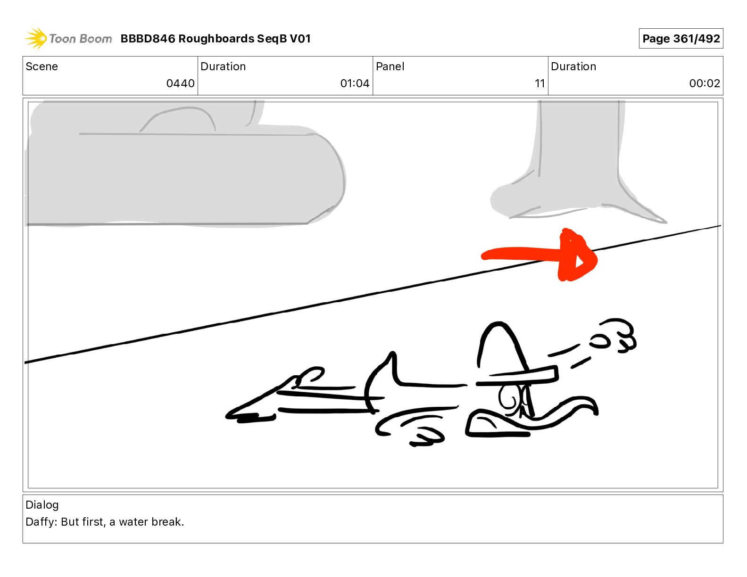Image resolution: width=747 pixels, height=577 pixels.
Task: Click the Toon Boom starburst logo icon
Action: point(36,38)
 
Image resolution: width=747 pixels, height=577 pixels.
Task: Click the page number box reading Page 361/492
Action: point(681,39)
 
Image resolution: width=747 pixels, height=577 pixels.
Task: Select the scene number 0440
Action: point(180,83)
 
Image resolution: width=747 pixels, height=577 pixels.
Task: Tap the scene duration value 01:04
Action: point(355,83)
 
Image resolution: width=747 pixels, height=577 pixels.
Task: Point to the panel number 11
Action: point(539,83)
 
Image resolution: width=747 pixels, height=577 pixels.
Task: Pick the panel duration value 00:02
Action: point(705,83)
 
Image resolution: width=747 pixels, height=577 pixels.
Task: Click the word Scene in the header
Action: point(41,66)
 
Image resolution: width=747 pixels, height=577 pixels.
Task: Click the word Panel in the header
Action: point(390,66)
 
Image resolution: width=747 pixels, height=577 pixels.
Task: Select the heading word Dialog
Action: point(42,505)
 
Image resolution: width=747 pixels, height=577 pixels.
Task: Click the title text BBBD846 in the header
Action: point(148,39)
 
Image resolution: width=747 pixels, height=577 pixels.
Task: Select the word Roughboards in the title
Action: point(216,39)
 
